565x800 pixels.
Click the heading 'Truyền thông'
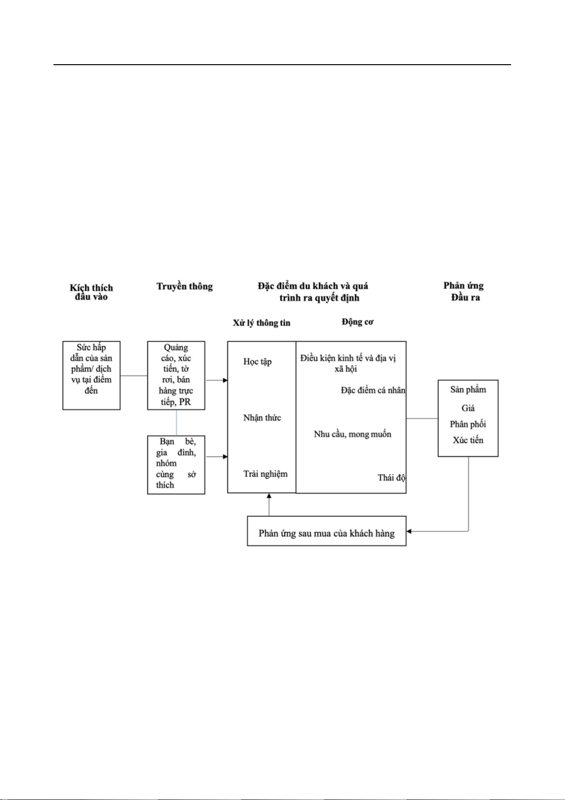(x=185, y=287)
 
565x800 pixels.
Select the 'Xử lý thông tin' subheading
(x=262, y=323)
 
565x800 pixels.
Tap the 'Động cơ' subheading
(x=358, y=322)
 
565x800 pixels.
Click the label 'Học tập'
(x=257, y=362)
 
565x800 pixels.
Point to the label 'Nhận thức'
(x=262, y=418)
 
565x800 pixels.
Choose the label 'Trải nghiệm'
(x=265, y=474)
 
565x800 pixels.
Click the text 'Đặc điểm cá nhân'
(x=373, y=390)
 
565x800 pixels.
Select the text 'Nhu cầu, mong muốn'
(x=352, y=434)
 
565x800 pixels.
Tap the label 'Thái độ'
(x=392, y=478)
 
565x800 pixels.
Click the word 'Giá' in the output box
(x=468, y=408)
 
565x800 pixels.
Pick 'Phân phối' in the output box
(x=468, y=424)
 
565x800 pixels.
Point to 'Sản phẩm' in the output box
(x=468, y=390)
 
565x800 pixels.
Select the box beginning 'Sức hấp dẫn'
(x=91, y=375)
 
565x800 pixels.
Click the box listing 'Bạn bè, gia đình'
(x=176, y=464)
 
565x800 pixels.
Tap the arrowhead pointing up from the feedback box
(x=269, y=496)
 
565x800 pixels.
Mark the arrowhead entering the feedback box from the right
(x=409, y=532)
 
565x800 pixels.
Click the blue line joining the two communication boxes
(x=176, y=423)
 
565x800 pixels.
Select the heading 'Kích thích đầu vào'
(x=91, y=292)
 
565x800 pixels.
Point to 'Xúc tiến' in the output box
(x=468, y=440)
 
